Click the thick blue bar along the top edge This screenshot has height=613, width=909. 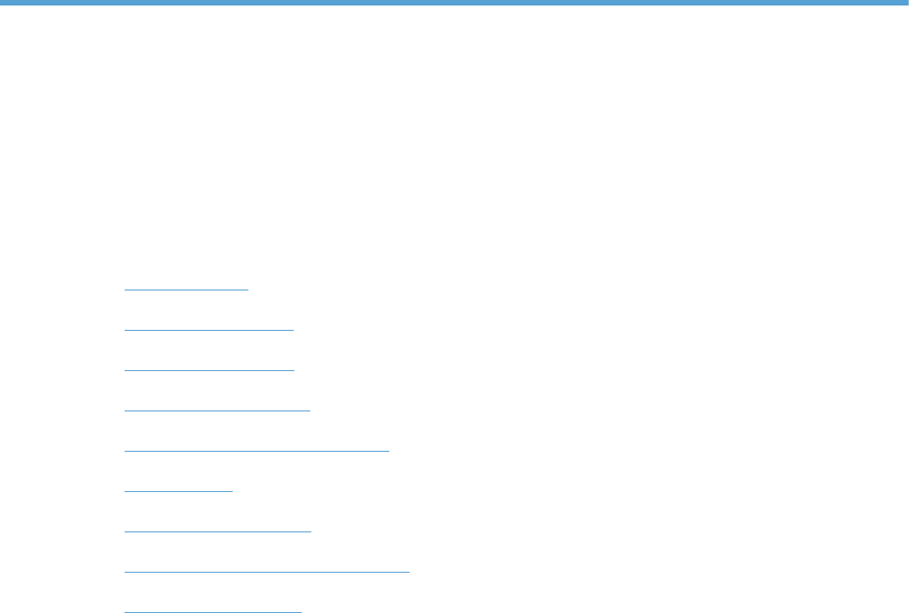[454, 3]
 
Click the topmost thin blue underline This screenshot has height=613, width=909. [186, 289]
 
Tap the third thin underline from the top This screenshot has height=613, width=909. [209, 369]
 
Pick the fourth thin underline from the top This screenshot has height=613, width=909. [217, 410]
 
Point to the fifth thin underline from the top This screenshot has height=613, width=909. [257, 450]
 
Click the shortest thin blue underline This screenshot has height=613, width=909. [179, 490]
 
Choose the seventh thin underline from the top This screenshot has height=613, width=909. [218, 531]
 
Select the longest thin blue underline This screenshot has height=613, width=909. [267, 571]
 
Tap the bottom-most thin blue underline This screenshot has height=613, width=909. [213, 610]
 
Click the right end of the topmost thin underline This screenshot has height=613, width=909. [248, 289]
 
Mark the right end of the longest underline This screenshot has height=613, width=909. [409, 571]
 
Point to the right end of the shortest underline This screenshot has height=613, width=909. [233, 490]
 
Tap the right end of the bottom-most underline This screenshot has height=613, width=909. [301, 610]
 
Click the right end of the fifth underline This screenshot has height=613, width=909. [389, 450]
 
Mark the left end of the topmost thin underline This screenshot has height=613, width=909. [125, 289]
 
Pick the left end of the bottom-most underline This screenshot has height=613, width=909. [125, 610]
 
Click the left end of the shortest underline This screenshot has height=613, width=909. [125, 490]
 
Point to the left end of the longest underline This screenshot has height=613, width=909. [125, 571]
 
